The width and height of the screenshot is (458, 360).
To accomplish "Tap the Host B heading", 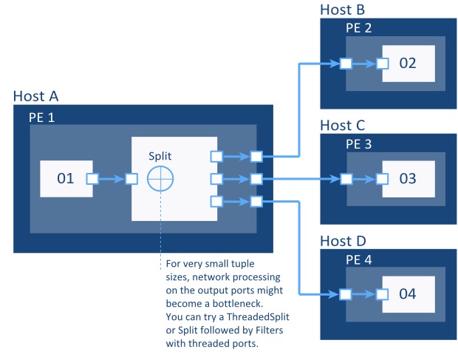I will (x=343, y=10).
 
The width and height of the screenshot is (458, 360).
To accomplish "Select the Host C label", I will (x=343, y=126).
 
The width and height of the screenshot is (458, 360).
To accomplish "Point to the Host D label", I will (x=343, y=241).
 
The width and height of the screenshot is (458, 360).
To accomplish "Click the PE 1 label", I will (x=41, y=117).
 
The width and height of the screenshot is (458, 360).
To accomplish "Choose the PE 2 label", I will (x=359, y=27).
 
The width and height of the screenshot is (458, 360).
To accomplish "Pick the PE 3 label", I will (x=359, y=143).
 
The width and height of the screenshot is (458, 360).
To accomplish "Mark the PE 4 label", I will (x=359, y=259).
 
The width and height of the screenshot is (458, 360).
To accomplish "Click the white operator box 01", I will (x=66, y=178).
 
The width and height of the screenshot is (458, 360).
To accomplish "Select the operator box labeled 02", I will (x=408, y=63).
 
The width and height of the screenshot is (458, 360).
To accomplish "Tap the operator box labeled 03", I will (x=408, y=178).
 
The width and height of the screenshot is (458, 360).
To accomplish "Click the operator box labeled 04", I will (x=408, y=293).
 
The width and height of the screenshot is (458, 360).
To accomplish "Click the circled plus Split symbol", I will (x=160, y=180).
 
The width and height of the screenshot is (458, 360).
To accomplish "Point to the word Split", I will (x=162, y=156).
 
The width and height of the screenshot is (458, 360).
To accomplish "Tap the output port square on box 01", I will (x=92, y=178).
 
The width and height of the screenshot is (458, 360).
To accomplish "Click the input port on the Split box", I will (x=131, y=178).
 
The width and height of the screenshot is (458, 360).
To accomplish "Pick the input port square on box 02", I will (x=383, y=63).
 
